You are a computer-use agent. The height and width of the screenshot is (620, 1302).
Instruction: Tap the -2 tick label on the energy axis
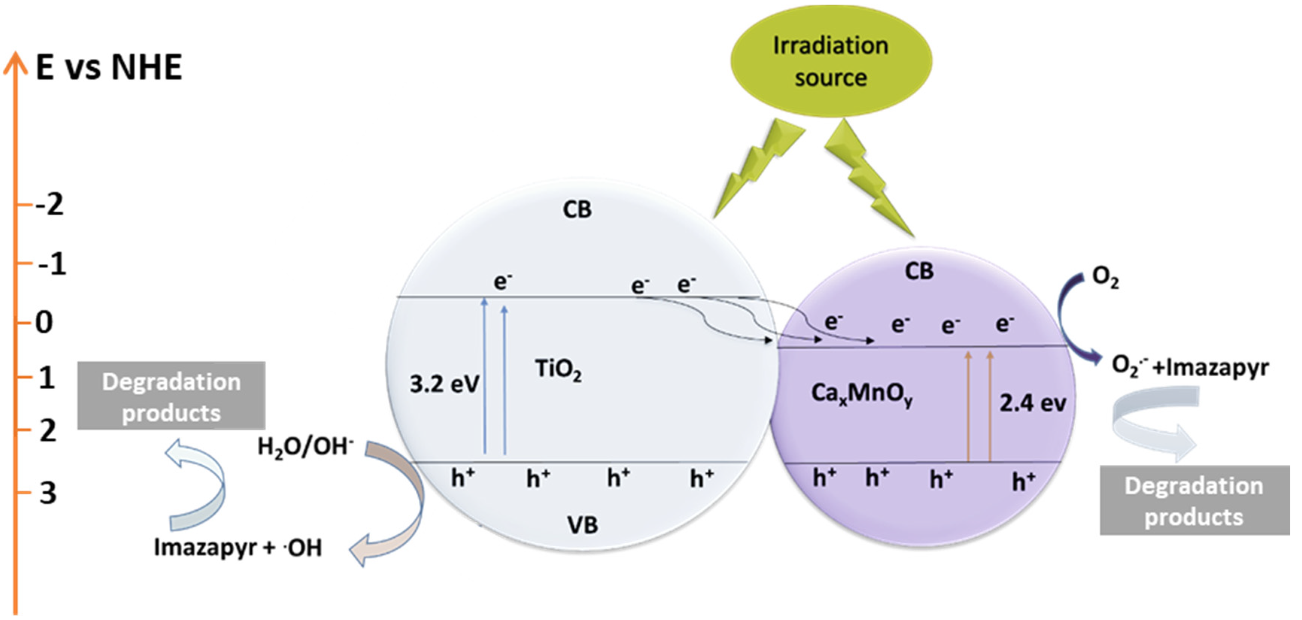point(49,205)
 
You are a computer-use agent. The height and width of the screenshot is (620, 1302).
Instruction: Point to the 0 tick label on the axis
point(44,322)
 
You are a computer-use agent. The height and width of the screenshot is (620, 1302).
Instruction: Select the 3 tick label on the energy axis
point(48,493)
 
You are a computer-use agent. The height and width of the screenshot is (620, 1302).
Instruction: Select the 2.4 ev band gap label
point(1033,403)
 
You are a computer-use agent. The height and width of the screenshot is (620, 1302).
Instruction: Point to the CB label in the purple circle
point(919,271)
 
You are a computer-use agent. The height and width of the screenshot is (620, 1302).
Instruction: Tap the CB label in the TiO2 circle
point(577,209)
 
